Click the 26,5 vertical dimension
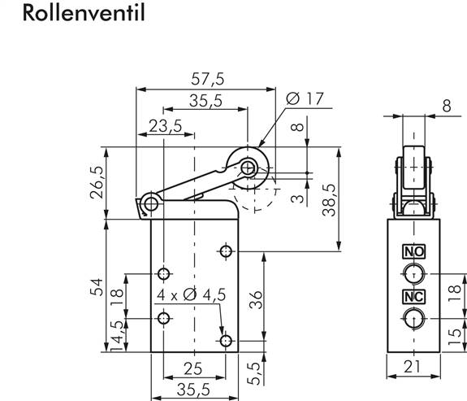point(97,183)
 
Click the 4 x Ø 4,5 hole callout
point(186,294)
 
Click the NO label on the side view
point(413,251)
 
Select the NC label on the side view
point(413,296)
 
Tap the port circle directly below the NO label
point(413,272)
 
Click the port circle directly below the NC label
point(413,317)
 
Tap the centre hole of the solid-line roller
point(247,168)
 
